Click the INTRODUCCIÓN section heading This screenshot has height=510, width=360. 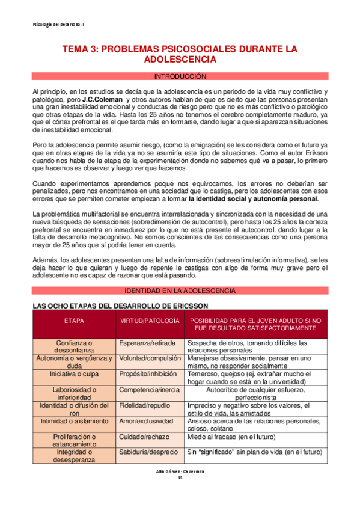(x=180, y=76)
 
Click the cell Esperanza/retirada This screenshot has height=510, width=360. (x=147, y=343)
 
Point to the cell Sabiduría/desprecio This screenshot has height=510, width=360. (x=148, y=452)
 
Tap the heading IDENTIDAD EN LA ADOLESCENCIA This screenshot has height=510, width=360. (x=180, y=291)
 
